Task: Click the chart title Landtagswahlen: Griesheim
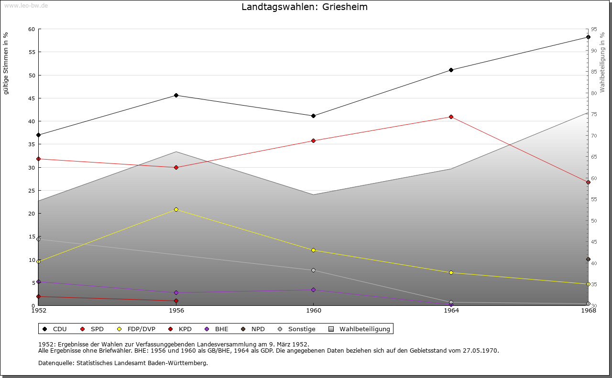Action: click(x=305, y=7)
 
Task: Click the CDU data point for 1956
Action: click(x=176, y=95)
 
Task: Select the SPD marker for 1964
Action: click(x=451, y=117)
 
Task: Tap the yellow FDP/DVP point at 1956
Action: click(x=176, y=209)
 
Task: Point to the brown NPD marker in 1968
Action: click(x=588, y=259)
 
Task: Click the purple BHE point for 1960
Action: click(x=314, y=290)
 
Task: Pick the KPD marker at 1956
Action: click(x=176, y=301)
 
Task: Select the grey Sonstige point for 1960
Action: click(x=314, y=270)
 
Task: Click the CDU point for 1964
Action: click(x=451, y=70)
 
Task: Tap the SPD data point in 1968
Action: click(x=588, y=182)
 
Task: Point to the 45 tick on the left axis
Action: click(x=32, y=98)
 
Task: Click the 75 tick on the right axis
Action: click(x=594, y=114)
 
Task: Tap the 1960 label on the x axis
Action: click(x=314, y=311)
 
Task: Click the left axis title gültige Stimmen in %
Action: click(x=6, y=63)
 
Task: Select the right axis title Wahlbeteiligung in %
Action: click(x=602, y=62)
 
